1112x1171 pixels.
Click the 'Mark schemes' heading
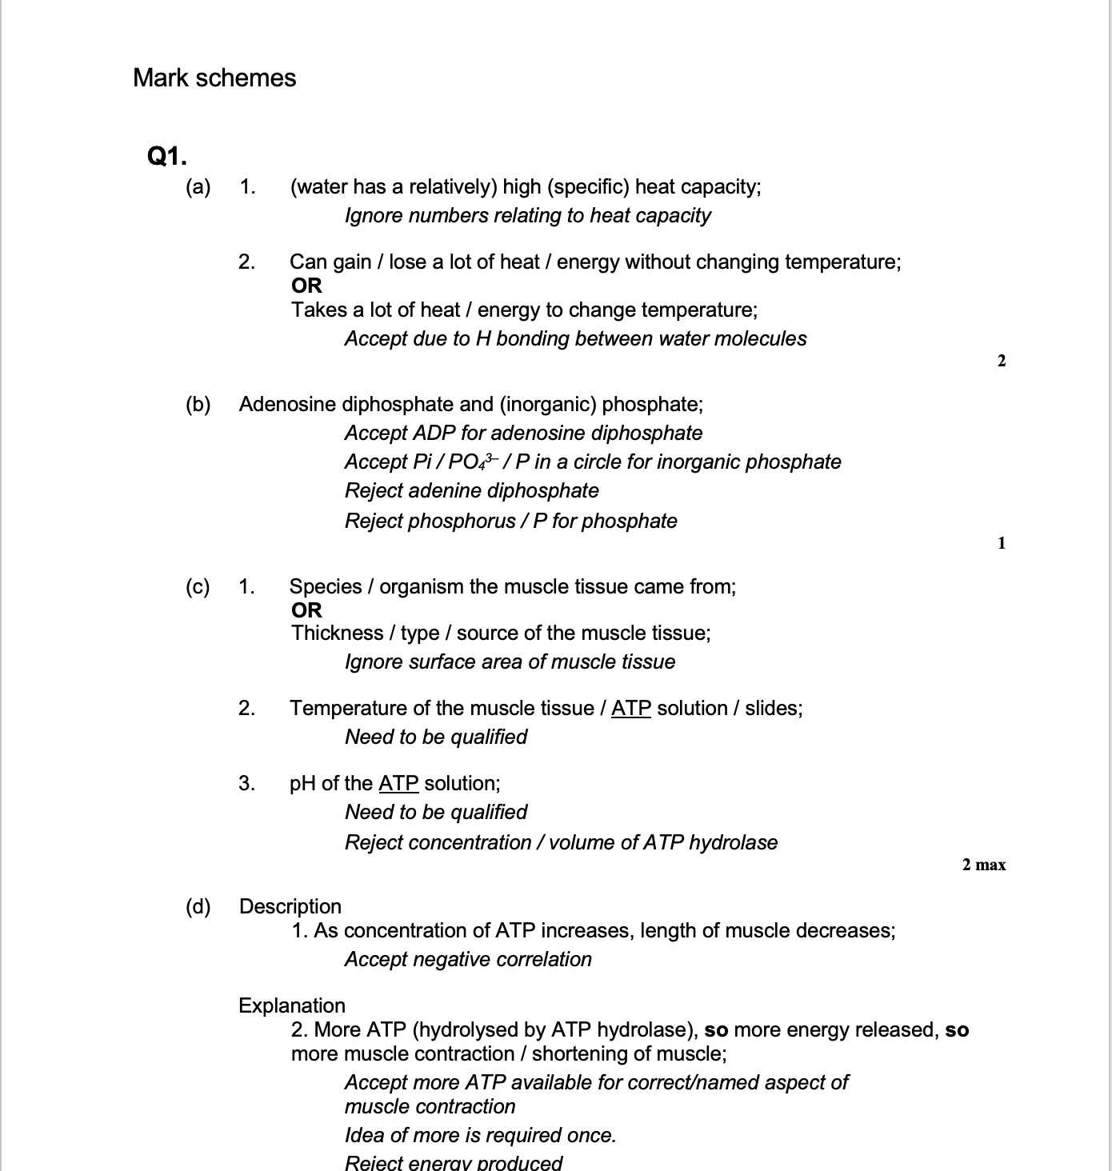pos(214,78)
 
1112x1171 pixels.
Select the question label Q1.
pos(167,155)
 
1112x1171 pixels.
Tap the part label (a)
pos(198,187)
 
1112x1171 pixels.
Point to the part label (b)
pos(198,405)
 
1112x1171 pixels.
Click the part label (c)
pos(198,587)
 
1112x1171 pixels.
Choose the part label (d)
pos(198,906)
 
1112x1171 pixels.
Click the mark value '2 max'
pos(983,865)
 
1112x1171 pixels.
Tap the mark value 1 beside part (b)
pos(1002,544)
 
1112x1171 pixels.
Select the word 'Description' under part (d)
pos(290,906)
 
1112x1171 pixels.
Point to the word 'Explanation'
pos(292,1005)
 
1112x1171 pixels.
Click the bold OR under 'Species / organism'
pos(306,610)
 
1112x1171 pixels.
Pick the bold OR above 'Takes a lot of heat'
pos(306,286)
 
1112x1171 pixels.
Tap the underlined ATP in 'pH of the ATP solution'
pos(398,783)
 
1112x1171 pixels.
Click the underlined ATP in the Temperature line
pos(630,708)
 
